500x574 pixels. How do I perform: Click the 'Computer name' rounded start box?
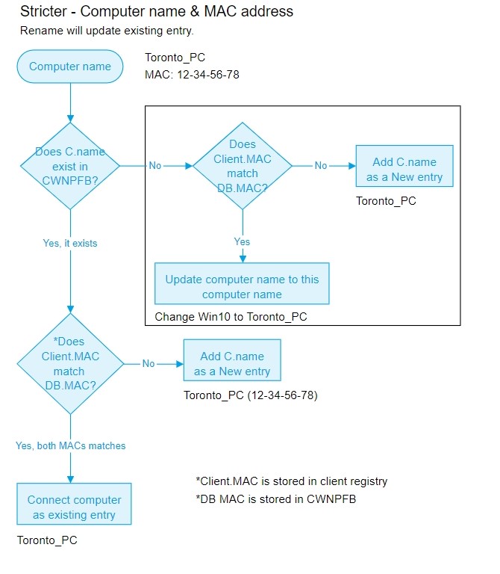tap(70, 67)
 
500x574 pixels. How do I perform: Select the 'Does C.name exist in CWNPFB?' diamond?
tap(70, 166)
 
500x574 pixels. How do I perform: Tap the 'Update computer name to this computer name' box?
tap(242, 283)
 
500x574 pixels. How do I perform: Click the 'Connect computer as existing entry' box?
tap(74, 504)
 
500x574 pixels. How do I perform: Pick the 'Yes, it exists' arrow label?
tap(70, 244)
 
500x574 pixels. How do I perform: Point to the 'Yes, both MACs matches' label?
tap(71, 445)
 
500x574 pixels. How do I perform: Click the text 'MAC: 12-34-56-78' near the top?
tap(192, 75)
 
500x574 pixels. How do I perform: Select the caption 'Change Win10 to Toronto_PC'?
tap(231, 317)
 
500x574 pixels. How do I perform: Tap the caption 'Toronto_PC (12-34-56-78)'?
tap(250, 395)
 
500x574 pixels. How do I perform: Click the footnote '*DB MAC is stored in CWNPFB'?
tap(276, 499)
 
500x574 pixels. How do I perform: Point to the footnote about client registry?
tap(292, 481)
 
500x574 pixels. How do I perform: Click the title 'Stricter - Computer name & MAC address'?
tap(157, 11)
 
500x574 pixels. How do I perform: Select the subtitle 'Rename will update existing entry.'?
tap(107, 31)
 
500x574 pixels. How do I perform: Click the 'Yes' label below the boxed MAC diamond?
tap(242, 241)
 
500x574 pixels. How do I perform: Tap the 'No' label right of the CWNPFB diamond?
tap(155, 165)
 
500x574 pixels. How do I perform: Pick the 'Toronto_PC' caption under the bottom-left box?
tap(47, 540)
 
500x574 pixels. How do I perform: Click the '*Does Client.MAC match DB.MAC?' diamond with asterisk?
tap(70, 364)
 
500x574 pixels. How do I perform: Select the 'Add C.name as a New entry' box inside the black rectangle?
tap(404, 166)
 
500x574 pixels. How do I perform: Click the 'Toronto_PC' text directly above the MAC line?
tap(175, 58)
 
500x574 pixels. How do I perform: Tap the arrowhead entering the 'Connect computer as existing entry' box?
tap(71, 480)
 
